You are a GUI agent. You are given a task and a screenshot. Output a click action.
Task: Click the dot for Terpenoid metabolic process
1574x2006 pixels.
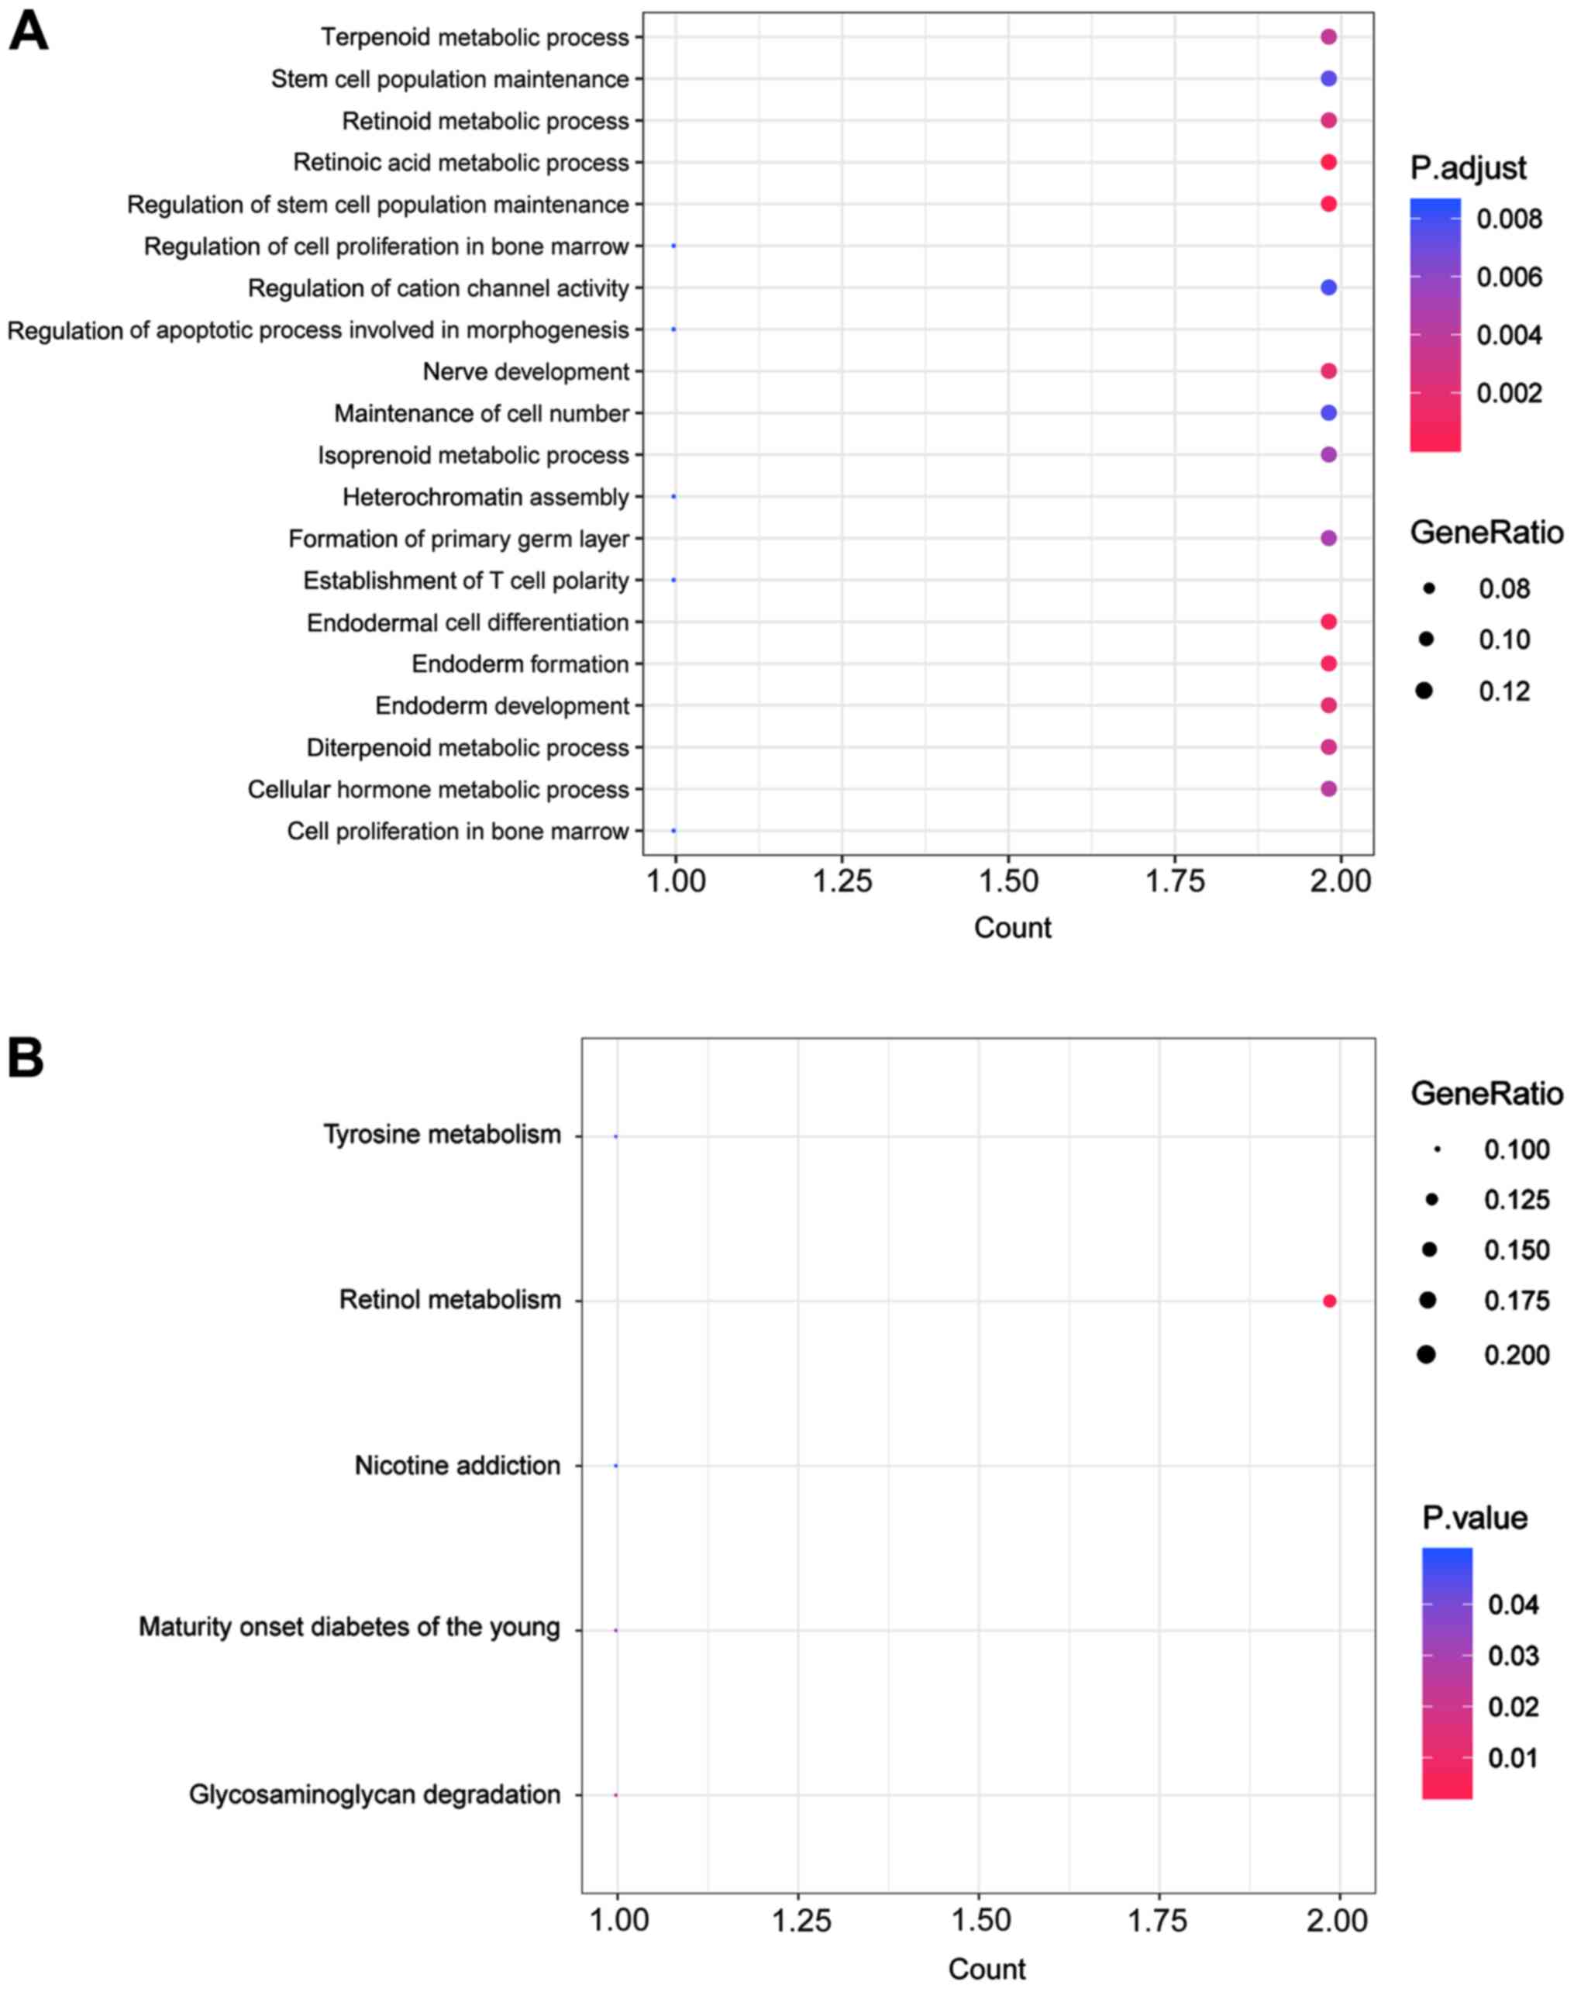1328,37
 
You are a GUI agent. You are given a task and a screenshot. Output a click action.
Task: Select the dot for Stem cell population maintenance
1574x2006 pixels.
1328,79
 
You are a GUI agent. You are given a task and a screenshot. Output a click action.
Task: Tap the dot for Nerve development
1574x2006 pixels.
1328,371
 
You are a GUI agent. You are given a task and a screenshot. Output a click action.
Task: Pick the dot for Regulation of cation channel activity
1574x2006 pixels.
1328,288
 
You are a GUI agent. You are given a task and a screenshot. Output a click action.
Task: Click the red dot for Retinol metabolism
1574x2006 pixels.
1329,1301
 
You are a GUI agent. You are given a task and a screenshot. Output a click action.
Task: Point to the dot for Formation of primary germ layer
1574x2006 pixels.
1328,538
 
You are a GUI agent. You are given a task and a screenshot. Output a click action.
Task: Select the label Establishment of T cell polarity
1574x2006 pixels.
466,581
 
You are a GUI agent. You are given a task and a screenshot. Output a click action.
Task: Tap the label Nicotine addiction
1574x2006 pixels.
457,1465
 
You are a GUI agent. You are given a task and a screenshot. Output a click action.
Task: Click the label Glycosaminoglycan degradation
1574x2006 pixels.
374,1794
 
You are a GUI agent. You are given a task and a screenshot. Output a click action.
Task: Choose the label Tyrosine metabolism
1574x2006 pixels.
442,1134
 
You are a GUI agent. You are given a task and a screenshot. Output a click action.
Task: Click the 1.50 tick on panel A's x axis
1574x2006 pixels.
1008,881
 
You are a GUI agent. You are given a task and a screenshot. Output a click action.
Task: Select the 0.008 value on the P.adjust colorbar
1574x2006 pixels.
1509,219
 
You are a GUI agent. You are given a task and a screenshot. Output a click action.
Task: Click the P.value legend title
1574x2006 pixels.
1475,1518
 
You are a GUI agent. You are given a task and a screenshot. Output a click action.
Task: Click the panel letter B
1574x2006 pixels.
26,1058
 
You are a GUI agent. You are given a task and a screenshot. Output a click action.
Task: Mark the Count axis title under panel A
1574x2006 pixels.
1012,927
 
